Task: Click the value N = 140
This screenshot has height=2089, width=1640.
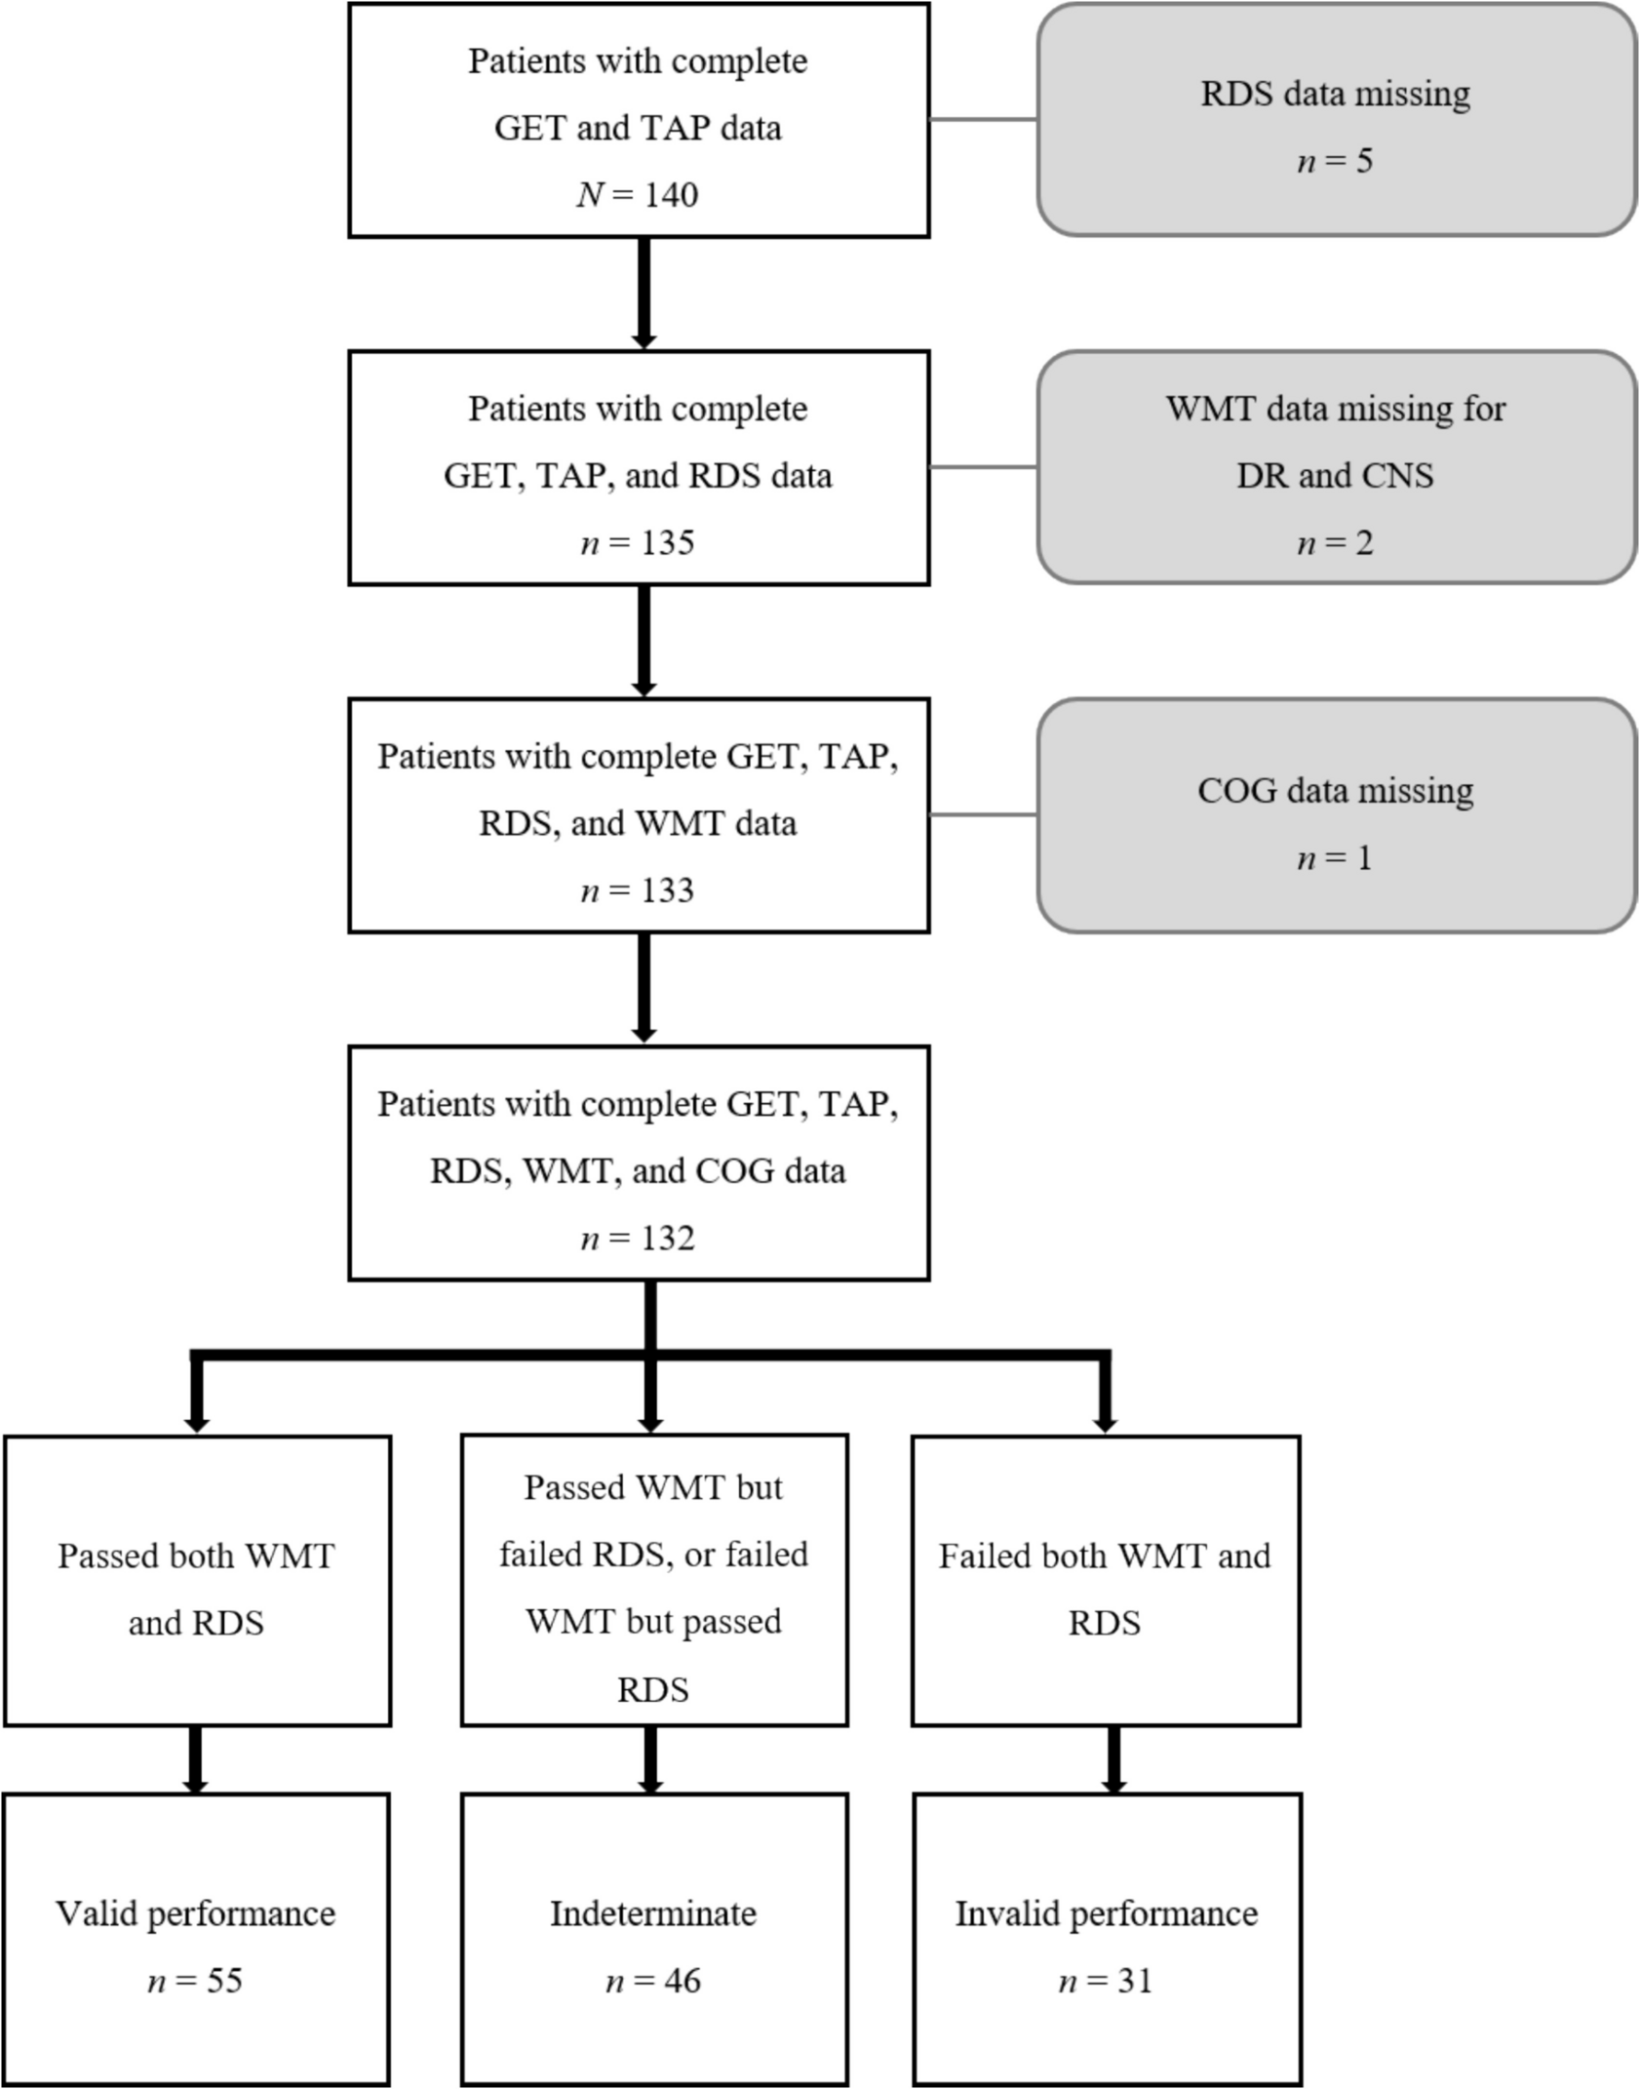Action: [638, 194]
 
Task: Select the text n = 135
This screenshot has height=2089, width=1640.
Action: [638, 542]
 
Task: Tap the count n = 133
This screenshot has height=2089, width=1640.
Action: [638, 890]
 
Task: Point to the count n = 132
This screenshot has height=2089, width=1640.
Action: [638, 1238]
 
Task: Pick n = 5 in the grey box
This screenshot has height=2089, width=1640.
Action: [1335, 161]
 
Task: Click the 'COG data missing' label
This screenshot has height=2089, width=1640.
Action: [1335, 790]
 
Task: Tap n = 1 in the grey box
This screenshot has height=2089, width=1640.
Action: [1335, 858]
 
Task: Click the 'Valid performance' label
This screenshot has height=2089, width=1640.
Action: [195, 1913]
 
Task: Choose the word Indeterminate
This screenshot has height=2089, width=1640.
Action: [652, 1913]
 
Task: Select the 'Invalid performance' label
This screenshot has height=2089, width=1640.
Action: [1106, 1913]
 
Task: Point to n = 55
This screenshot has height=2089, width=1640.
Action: [195, 1981]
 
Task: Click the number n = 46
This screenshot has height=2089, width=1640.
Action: [652, 1981]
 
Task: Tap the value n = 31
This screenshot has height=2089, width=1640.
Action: [1106, 1981]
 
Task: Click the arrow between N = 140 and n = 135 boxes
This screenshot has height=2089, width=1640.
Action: [644, 293]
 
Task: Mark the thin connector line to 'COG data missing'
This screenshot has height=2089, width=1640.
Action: [983, 814]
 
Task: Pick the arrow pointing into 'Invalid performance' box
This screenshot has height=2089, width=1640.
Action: [1113, 1761]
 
